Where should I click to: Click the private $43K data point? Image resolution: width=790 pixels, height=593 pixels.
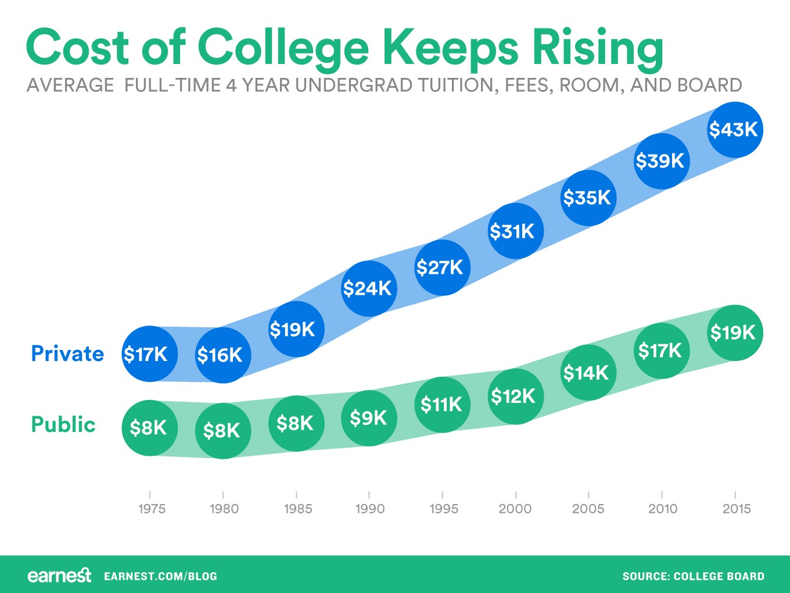pos(734,130)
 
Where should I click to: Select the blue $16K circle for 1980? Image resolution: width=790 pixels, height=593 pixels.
pos(222,355)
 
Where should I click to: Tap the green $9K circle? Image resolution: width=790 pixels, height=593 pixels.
pos(369,418)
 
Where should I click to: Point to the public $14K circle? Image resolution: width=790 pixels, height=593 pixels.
pos(588,372)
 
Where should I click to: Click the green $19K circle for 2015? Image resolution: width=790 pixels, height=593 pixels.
pos(734,333)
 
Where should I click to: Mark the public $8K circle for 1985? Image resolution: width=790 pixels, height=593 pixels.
pos(296,423)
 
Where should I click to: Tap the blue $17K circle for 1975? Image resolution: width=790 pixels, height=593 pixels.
pos(149,353)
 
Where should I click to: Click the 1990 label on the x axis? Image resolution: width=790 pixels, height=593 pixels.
pos(369,509)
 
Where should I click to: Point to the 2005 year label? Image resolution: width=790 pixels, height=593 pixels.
pos(588,509)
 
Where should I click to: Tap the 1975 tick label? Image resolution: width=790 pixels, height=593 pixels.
pos(151,509)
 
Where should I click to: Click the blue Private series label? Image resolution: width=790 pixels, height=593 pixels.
pos(67,353)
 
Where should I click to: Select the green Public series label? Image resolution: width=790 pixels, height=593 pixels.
pos(63,424)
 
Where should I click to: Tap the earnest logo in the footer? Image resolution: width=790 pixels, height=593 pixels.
pos(59,576)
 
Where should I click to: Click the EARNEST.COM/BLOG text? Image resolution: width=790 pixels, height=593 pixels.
pos(160,576)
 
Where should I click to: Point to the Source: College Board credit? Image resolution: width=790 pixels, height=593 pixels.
pos(693,576)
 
